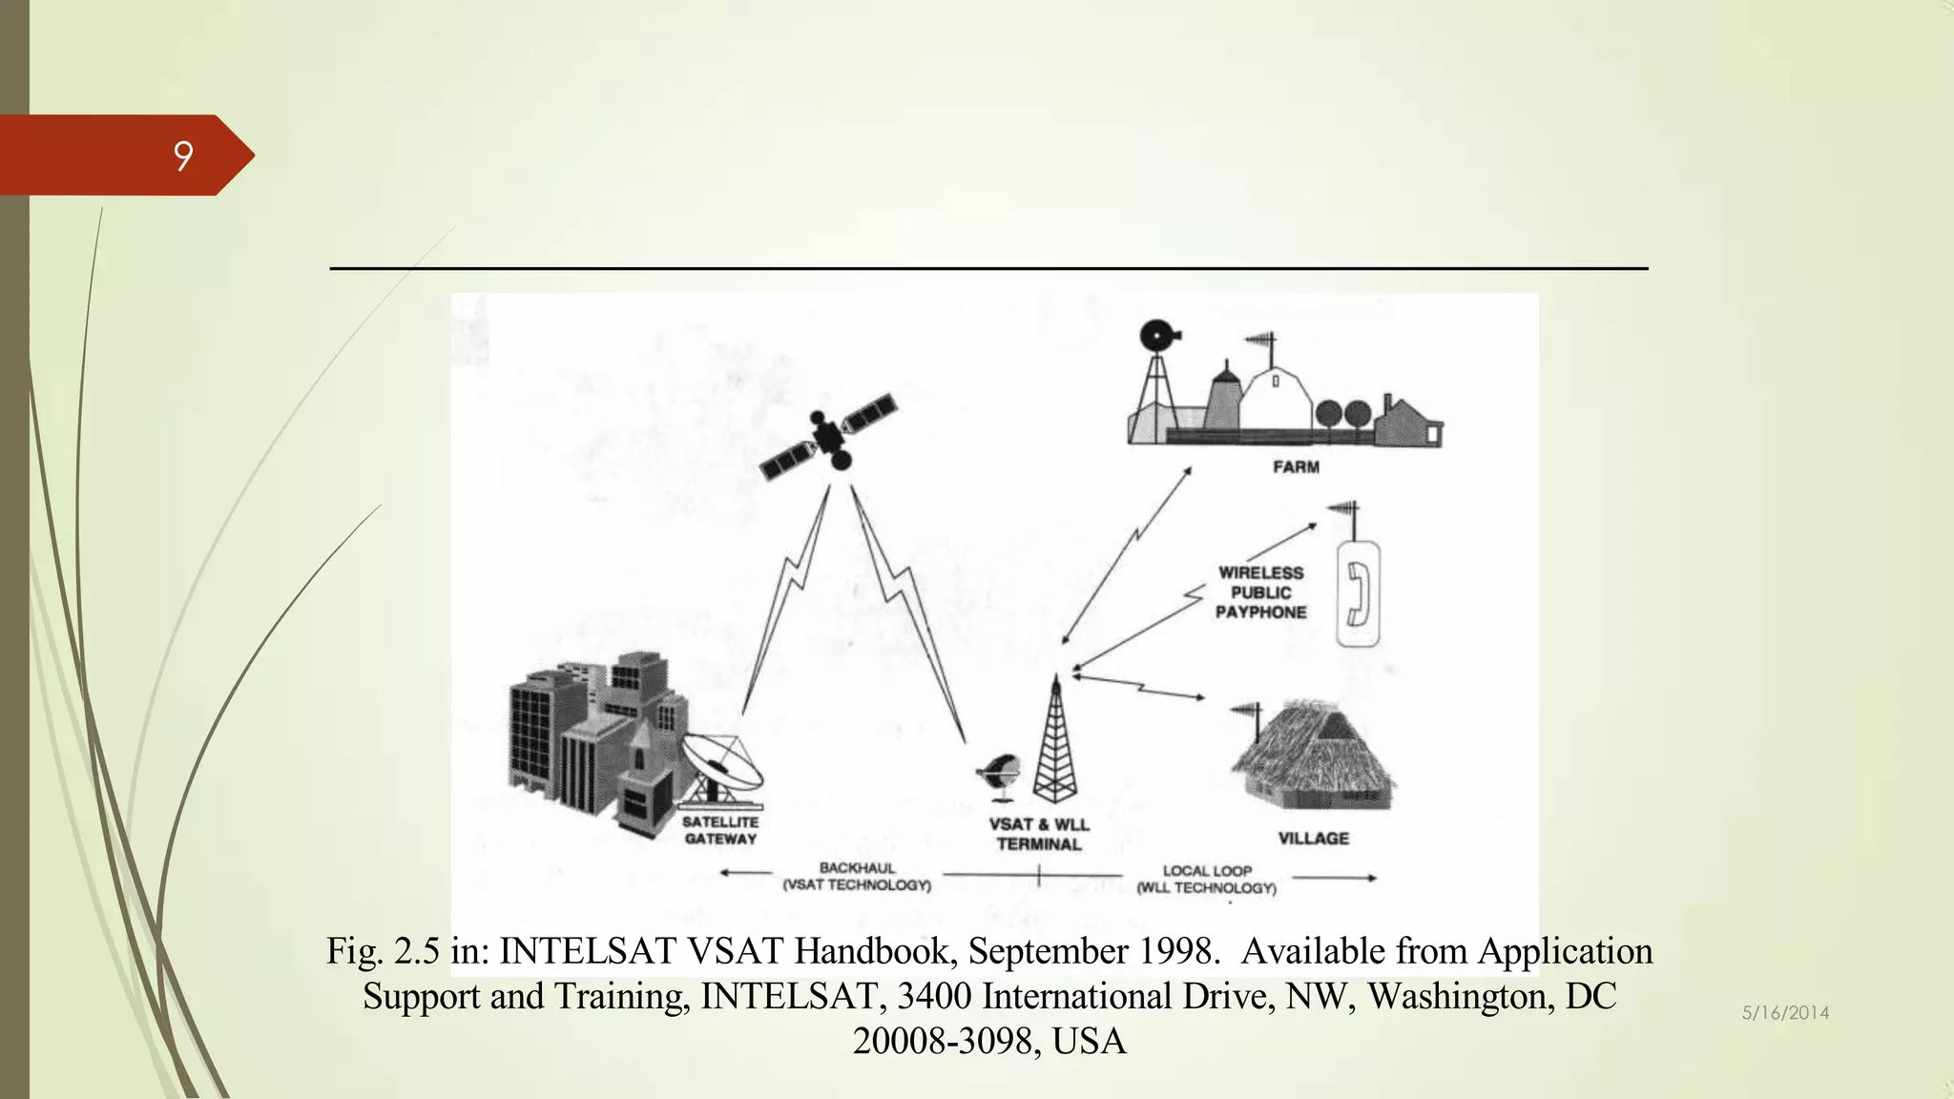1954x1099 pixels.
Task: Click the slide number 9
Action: click(x=183, y=156)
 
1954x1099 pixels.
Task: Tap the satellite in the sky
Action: click(x=828, y=437)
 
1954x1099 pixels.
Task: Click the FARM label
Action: click(x=1296, y=467)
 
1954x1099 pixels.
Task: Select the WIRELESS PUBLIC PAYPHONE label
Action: click(x=1260, y=592)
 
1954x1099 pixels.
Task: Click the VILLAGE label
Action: click(x=1313, y=839)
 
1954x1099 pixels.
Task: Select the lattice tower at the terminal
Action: click(x=1054, y=744)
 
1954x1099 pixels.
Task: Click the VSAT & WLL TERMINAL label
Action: click(x=1038, y=834)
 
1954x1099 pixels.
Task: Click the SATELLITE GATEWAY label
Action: click(x=720, y=830)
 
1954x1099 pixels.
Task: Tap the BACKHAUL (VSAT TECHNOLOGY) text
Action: click(x=857, y=877)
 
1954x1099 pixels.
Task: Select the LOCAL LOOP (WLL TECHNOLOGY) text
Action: click(x=1207, y=880)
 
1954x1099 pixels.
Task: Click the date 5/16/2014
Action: click(x=1785, y=1013)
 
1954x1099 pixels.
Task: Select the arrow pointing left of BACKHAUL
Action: click(x=746, y=872)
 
